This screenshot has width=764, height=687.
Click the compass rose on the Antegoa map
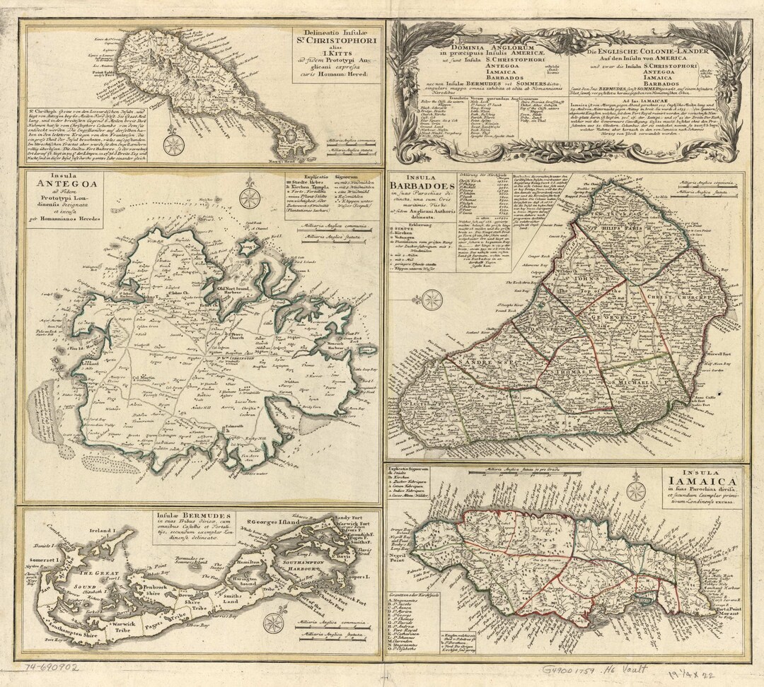[250, 198]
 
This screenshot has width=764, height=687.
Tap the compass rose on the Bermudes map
[274, 622]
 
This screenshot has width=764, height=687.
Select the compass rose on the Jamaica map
[636, 491]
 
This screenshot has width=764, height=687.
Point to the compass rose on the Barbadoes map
[432, 300]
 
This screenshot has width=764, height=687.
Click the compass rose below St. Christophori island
[173, 144]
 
